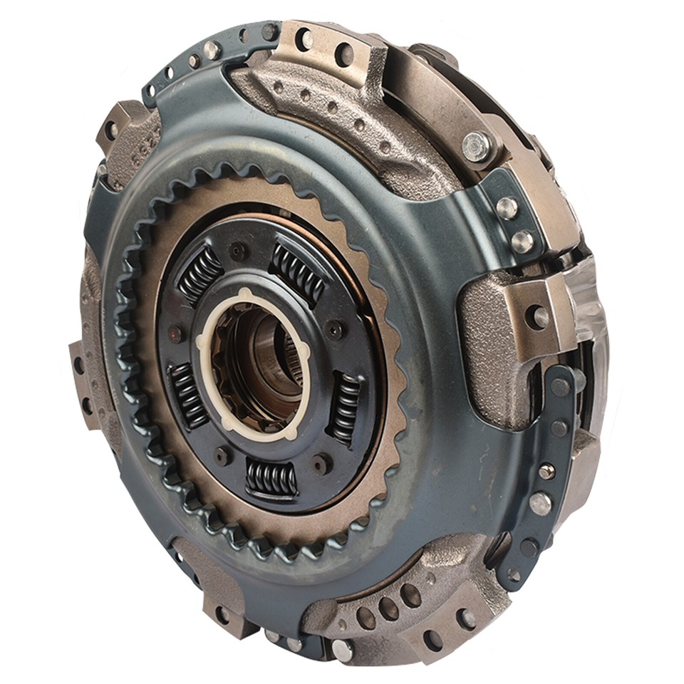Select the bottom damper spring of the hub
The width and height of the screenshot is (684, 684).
271,477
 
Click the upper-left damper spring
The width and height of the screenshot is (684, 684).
199,274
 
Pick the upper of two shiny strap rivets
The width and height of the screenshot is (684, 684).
507,207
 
